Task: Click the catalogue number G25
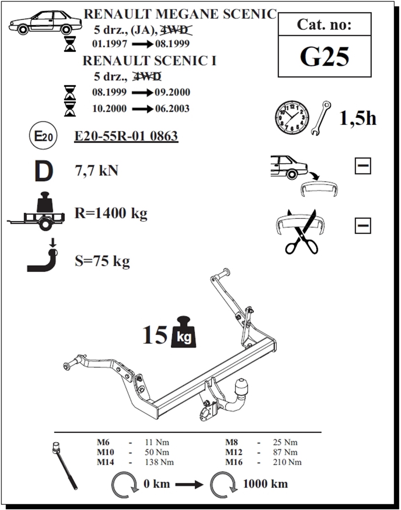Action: click(324, 57)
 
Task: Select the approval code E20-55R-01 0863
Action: click(126, 136)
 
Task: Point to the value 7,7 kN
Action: click(97, 171)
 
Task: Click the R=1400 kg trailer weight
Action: click(111, 213)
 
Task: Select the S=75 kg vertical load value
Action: click(102, 261)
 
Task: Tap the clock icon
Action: click(292, 117)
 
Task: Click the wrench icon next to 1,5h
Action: click(321, 118)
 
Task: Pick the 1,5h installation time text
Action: click(358, 118)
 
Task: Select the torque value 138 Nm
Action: click(159, 462)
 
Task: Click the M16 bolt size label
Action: click(234, 462)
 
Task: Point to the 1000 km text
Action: click(265, 484)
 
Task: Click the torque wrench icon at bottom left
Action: click(65, 465)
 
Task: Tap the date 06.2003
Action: click(172, 109)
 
